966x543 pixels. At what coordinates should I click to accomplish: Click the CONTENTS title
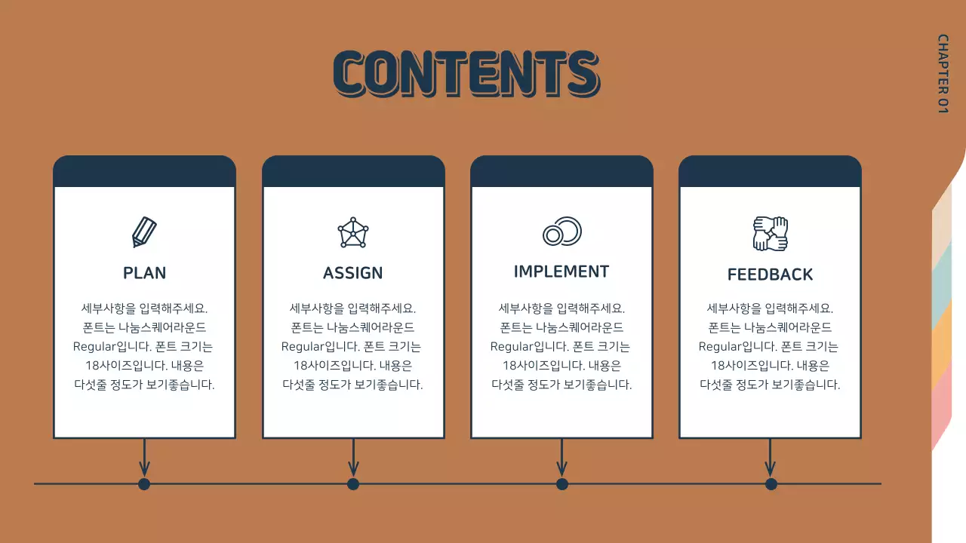coord(466,73)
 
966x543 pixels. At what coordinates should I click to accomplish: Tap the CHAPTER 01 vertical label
coord(943,73)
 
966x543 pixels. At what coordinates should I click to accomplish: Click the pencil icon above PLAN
coord(144,232)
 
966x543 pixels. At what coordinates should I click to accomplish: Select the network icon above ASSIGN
coord(353,232)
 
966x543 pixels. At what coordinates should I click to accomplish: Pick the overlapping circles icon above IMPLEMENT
coord(562,232)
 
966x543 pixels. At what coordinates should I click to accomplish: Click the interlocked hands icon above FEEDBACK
coord(770,234)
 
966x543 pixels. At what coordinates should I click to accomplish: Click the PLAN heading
coord(144,273)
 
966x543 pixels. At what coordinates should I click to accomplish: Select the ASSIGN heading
coord(352,273)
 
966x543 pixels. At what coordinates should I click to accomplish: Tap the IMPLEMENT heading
coord(561,271)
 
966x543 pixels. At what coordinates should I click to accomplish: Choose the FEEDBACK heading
coord(770,275)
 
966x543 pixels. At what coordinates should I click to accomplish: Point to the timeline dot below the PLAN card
coord(144,484)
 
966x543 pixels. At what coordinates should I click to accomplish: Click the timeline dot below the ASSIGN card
coord(353,484)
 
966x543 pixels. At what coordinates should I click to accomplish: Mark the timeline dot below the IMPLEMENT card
coord(562,484)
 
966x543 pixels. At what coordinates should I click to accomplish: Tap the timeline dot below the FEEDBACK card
coord(771,484)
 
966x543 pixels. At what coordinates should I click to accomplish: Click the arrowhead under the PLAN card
coord(144,469)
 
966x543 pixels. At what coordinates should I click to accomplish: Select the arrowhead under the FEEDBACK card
coord(771,469)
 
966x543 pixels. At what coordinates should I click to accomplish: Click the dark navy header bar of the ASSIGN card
coord(353,172)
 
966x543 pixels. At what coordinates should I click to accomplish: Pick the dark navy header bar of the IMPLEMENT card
coord(561,172)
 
